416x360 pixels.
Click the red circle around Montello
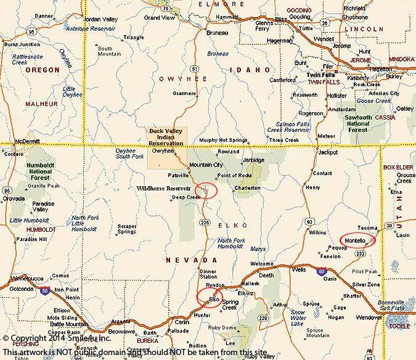tap(357, 239)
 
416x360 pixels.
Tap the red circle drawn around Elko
tap(210, 298)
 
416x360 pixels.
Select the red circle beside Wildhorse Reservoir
tap(206, 190)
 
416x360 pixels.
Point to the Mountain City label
tap(205, 165)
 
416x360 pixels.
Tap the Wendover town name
tap(369, 317)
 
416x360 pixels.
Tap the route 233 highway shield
tap(361, 253)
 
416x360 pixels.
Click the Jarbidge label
tap(253, 160)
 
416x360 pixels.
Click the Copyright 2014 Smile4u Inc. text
tap(59, 338)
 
